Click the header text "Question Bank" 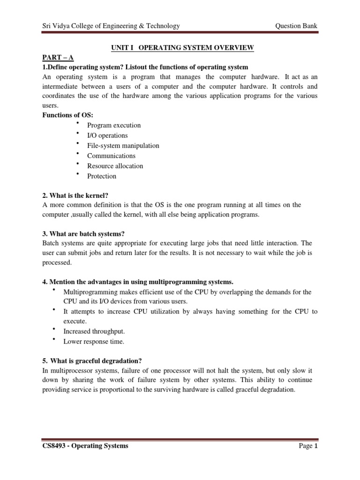coord(297,26)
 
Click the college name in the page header coord(111,26)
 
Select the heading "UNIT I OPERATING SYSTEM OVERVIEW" coord(182,48)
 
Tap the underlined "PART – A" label coord(58,58)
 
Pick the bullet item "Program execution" coord(114,126)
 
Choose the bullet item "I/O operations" coord(107,135)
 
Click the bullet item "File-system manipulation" coord(123,146)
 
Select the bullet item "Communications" coord(111,156)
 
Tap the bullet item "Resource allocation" coord(115,166)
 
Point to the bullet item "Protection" coord(102,176)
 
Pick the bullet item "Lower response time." coord(94,341)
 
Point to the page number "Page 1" coord(308,446)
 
